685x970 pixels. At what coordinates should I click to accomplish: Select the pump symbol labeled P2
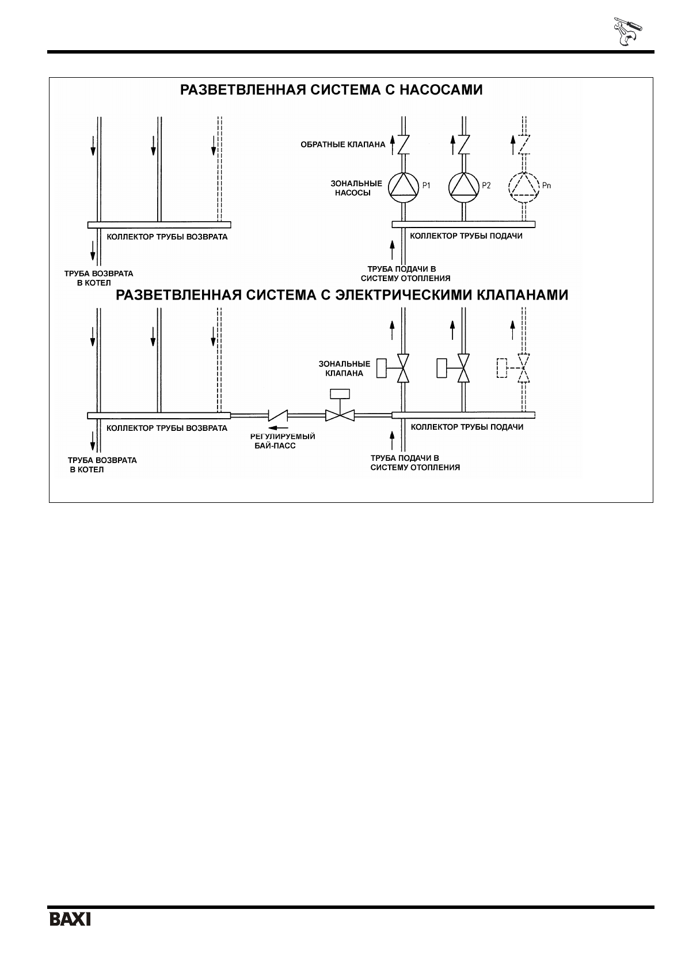tap(464, 186)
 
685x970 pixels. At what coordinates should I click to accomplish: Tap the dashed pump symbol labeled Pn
tap(524, 186)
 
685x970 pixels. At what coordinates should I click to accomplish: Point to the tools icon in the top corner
tap(626, 33)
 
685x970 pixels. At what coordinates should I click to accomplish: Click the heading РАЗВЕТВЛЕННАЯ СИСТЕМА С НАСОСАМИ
tap(331, 90)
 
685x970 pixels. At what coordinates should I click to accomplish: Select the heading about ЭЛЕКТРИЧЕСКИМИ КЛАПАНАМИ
tap(342, 295)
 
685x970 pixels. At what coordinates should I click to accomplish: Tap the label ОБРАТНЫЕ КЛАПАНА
tap(342, 145)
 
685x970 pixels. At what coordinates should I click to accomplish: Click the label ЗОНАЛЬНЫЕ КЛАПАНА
tap(344, 369)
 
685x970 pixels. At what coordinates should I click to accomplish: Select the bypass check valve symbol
tap(278, 415)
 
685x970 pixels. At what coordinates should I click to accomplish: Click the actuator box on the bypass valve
tap(340, 395)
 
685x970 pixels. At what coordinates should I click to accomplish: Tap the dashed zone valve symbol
tap(523, 368)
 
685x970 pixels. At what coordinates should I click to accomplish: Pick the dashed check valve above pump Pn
tap(524, 145)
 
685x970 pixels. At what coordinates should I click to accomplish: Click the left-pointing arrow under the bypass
tap(279, 427)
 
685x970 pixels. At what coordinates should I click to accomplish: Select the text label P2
tap(486, 185)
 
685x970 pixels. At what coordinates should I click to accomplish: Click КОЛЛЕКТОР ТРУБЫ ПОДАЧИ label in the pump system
tap(466, 236)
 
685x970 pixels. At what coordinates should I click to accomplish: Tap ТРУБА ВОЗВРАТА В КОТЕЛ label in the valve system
tap(102, 465)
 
